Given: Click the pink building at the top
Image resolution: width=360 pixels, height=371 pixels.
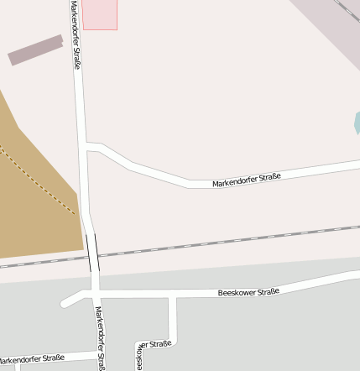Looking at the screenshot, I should [100, 14].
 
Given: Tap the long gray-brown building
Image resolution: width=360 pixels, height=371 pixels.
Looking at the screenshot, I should [36, 50].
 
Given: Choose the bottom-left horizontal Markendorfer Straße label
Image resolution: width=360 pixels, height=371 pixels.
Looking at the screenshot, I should [32, 359].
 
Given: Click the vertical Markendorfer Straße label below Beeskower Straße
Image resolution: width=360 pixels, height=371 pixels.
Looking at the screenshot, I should [99, 337].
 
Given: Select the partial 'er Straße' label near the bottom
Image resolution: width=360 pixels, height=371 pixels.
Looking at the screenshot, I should [154, 344].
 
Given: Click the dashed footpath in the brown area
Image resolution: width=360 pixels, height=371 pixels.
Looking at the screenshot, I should [38, 180].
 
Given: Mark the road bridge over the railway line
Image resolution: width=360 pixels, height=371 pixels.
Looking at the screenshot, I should [93, 253].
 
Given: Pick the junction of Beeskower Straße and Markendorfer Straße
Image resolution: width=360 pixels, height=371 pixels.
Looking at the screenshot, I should [95, 295].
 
